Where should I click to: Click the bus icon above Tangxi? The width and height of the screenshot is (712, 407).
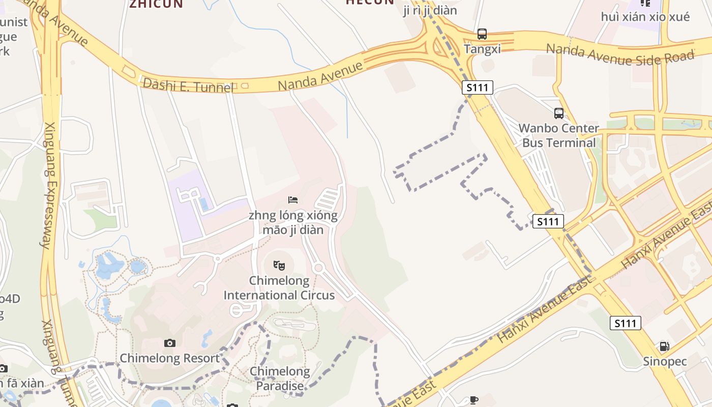482,34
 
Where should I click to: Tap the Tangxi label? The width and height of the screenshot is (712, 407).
482,49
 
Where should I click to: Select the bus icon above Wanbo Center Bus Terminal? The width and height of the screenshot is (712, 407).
558,113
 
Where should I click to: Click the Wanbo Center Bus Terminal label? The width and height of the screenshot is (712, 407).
558,135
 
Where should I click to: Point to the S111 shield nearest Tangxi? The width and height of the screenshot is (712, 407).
478,88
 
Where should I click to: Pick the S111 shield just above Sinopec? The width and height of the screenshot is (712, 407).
625,323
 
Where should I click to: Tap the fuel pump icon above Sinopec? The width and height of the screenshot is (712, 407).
664,346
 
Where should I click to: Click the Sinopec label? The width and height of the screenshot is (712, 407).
665,362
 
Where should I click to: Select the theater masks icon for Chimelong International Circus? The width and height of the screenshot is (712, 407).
279,265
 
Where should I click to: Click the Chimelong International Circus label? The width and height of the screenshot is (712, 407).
279,288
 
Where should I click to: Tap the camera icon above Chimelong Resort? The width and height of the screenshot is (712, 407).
170,343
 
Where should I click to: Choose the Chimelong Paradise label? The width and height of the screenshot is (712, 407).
279,379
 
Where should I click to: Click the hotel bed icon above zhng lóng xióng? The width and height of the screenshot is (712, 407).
293,200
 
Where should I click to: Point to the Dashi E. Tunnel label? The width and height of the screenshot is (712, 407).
188,85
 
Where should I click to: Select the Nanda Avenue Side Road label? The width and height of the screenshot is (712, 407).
619,54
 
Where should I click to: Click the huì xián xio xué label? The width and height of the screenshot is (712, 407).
645,17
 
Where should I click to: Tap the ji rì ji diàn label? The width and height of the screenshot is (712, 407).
430,11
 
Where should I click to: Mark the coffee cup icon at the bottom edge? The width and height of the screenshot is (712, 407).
474,400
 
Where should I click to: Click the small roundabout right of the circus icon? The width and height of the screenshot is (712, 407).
319,268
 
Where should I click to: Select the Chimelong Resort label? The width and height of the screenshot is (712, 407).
169,358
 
